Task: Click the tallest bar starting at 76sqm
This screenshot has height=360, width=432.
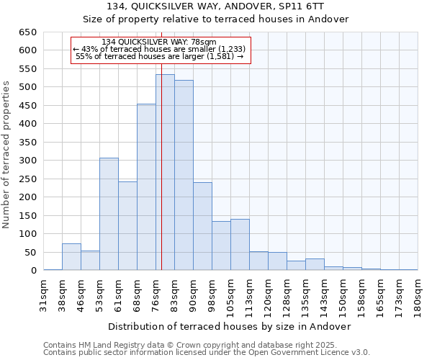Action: [x=165, y=173]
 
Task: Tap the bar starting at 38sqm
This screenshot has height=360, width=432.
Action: [x=71, y=257]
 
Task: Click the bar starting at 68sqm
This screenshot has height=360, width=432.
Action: [x=146, y=187]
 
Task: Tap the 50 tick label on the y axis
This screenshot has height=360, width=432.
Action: [x=30, y=253]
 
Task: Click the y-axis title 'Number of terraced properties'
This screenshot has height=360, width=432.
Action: [x=7, y=155]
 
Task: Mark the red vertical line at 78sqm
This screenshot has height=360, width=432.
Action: [x=161, y=180]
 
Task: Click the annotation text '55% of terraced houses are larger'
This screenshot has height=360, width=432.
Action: [x=160, y=56]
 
